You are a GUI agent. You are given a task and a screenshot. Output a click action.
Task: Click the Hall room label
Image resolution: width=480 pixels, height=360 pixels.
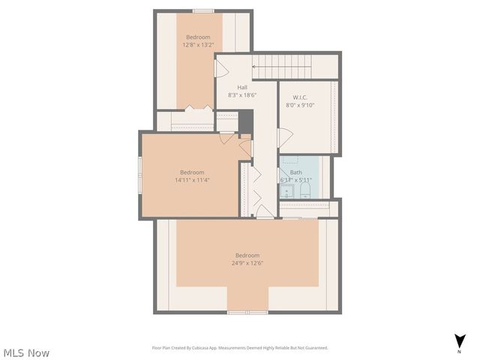click(x=242, y=88)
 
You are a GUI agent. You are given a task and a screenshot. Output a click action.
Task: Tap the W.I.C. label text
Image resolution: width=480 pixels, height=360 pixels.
click(x=300, y=97)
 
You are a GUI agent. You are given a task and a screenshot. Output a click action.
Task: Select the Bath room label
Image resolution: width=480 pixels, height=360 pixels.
click(x=296, y=172)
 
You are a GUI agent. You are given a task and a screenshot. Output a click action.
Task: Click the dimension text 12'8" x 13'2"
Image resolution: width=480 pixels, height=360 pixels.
click(x=198, y=45)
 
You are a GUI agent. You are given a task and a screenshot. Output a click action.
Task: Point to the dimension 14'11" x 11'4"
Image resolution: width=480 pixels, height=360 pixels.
click(x=191, y=180)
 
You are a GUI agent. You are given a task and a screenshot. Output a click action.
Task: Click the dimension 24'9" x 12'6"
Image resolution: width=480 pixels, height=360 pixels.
click(x=247, y=263)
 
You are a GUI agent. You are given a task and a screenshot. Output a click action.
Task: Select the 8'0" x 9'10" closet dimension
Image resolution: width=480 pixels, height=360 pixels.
click(x=300, y=106)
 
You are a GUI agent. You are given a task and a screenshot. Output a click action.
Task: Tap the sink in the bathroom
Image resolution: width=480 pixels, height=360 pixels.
click(x=287, y=193)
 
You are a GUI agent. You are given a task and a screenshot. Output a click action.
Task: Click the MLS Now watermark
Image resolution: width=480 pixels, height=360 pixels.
click(x=27, y=352)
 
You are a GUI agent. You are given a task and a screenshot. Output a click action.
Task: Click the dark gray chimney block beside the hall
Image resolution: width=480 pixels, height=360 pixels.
click(x=245, y=121)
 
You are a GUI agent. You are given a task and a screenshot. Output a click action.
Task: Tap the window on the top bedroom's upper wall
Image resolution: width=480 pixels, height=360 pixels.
click(x=202, y=11)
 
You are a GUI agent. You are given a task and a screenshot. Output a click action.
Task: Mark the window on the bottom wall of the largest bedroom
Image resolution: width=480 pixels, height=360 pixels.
click(x=247, y=311)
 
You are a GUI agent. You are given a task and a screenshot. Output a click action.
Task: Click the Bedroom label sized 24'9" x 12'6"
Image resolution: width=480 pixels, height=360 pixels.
click(x=247, y=255)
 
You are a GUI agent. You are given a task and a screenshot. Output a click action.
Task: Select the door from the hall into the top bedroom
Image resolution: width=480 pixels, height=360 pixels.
click(x=220, y=69)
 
